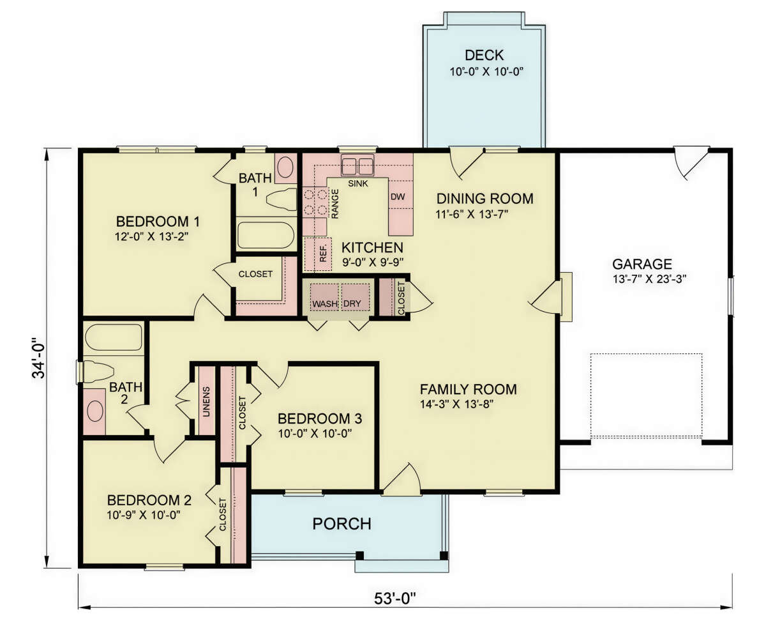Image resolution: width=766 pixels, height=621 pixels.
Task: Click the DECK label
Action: click(484, 56)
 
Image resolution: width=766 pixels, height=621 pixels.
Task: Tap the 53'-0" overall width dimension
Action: click(395, 599)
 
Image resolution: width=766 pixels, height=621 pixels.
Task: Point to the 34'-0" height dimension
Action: click(38, 358)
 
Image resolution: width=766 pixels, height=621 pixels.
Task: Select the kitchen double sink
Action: click(357, 165)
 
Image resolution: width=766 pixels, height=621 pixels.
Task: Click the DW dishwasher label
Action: click(398, 197)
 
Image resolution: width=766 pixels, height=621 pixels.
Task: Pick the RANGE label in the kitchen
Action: click(335, 204)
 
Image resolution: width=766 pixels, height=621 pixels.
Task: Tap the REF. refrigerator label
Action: click(323, 254)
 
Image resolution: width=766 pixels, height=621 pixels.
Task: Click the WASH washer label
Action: click(325, 304)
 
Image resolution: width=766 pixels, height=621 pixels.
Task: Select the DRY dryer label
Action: click(352, 304)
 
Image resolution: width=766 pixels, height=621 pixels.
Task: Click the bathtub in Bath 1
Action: click(266, 235)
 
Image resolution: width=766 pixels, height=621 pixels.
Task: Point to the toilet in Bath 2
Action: click(97, 371)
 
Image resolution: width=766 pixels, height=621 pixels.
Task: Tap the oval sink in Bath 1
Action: click(285, 167)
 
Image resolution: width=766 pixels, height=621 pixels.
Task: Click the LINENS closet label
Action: click(206, 402)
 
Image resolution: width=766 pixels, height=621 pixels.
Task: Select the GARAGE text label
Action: click(642, 264)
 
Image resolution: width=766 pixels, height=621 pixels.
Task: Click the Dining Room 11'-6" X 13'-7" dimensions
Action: click(472, 215)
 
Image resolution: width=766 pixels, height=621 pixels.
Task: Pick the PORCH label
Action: click(342, 524)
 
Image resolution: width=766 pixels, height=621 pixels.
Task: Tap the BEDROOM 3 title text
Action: click(320, 418)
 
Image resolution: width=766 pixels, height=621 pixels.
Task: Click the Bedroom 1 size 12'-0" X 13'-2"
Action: click(152, 236)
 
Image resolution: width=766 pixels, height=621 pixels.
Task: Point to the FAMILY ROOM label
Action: click(469, 389)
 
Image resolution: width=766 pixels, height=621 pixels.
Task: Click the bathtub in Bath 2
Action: click(114, 337)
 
